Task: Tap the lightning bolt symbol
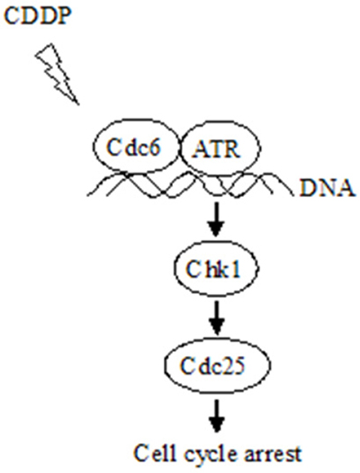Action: (x=58, y=74)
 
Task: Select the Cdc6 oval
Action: (x=136, y=147)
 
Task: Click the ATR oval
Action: (x=220, y=148)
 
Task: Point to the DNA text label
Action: (x=326, y=189)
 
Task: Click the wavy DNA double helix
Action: (x=190, y=184)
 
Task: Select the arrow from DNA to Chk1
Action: (x=217, y=219)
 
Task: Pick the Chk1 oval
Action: (x=217, y=268)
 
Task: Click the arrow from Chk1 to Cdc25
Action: (x=217, y=317)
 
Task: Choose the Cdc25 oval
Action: (x=217, y=366)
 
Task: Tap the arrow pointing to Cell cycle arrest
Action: (x=217, y=416)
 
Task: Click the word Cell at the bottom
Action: (x=155, y=452)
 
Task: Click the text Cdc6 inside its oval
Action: (x=133, y=148)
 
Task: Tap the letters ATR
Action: (x=216, y=148)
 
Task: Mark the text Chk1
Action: (x=213, y=269)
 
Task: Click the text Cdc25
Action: (x=212, y=366)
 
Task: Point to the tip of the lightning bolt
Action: (x=78, y=104)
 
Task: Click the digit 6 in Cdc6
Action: (x=154, y=148)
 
